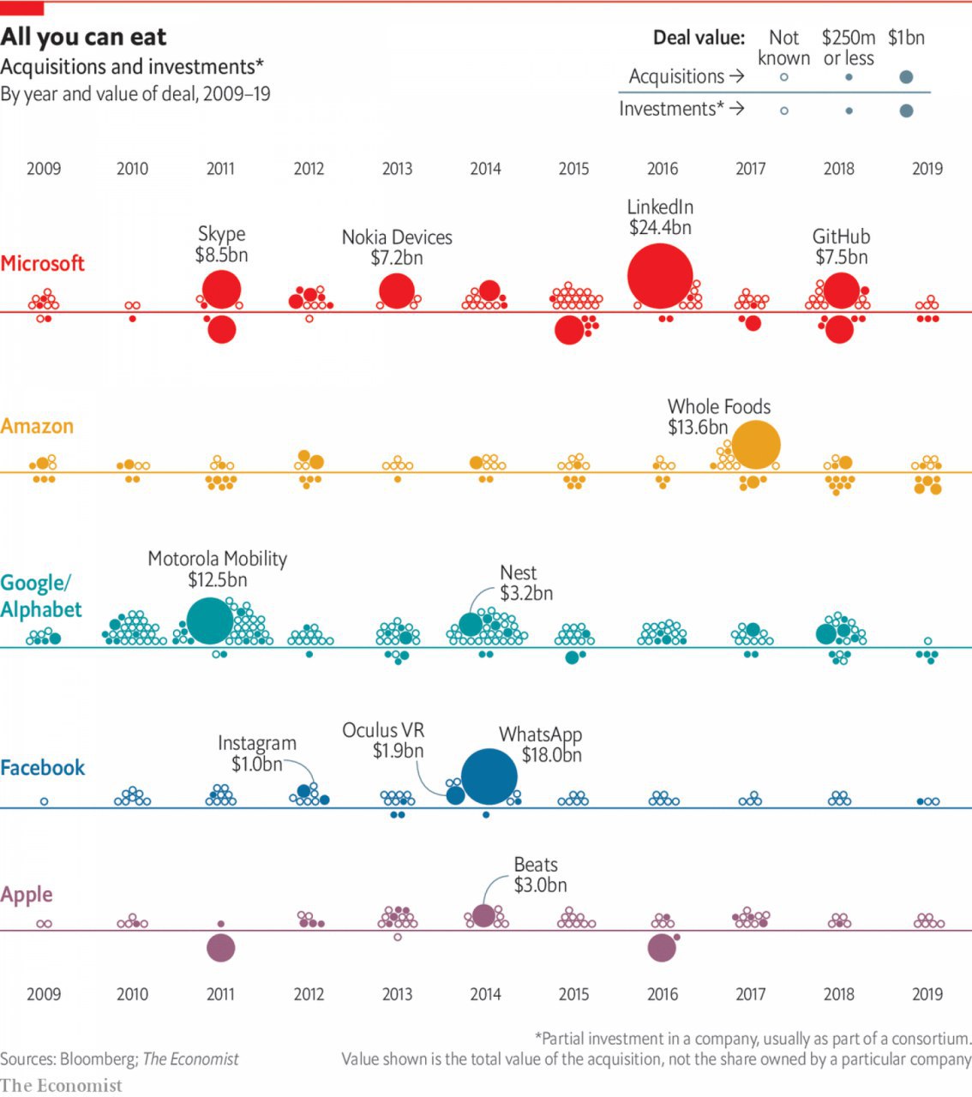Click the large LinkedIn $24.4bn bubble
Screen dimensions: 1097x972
click(660, 276)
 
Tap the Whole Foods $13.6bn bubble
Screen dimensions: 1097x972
click(755, 445)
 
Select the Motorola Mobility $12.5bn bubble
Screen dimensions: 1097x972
click(209, 620)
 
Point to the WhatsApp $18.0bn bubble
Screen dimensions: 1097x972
click(489, 777)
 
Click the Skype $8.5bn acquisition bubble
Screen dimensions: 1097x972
click(222, 289)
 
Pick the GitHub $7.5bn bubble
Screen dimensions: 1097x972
click(841, 290)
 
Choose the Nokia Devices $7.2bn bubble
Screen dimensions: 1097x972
click(396, 291)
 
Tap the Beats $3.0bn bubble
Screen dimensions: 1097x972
click(483, 915)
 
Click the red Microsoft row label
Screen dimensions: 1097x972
click(43, 263)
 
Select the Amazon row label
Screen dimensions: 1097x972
click(37, 426)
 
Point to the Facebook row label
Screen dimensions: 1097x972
click(43, 767)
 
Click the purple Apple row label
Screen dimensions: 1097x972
click(27, 895)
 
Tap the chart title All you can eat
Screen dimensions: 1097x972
click(83, 37)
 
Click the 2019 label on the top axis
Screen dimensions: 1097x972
click(927, 169)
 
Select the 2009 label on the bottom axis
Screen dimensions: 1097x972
click(44, 994)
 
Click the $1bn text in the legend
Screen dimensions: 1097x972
click(906, 38)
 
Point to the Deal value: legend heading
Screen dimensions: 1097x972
click(699, 38)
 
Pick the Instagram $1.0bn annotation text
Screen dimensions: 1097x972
click(257, 753)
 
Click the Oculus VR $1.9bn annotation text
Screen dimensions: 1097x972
click(383, 740)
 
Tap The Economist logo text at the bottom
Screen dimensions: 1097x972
click(61, 1085)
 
